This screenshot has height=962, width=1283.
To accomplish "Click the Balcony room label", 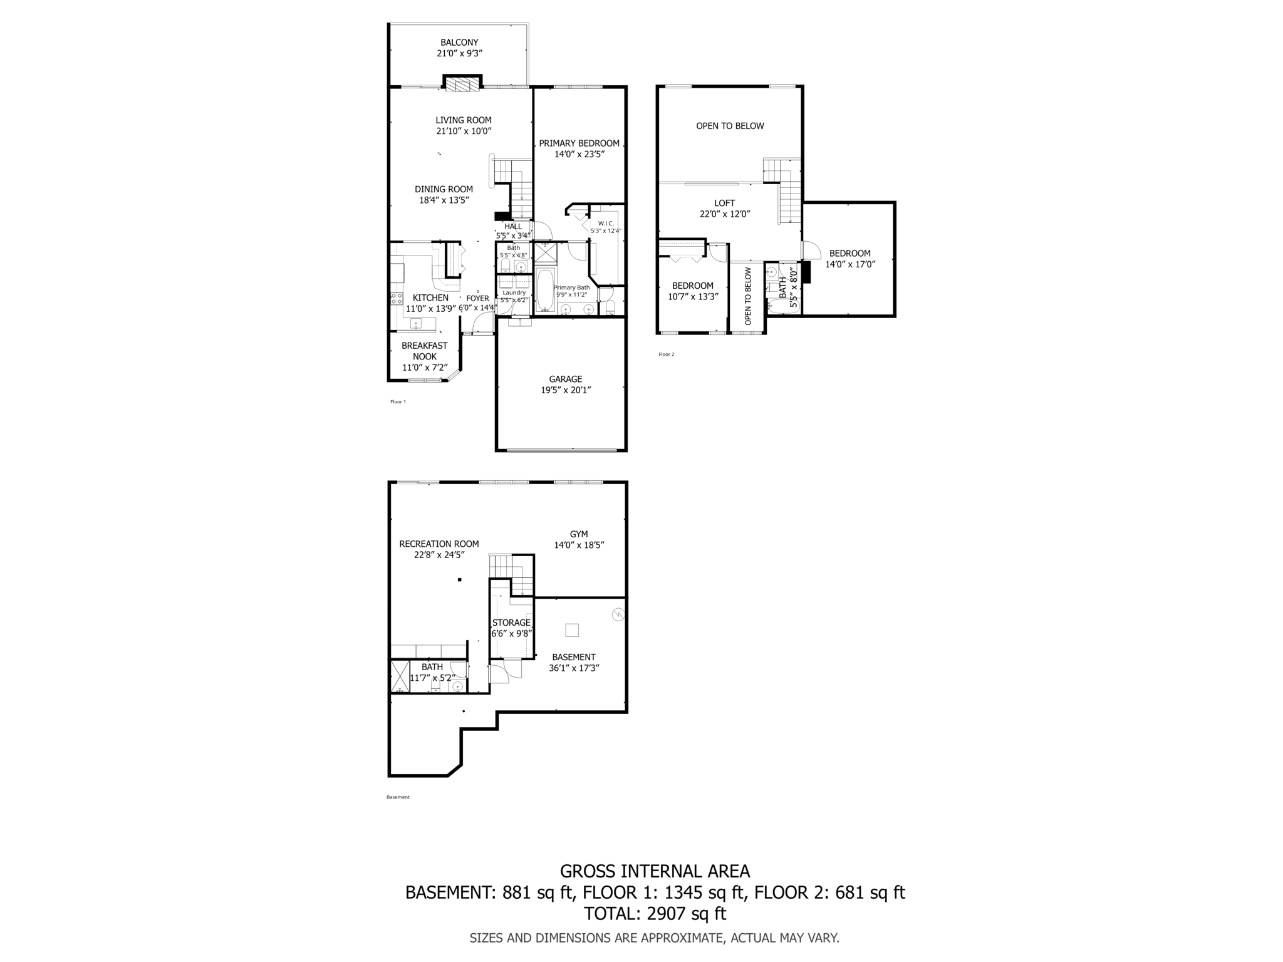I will pos(459,43).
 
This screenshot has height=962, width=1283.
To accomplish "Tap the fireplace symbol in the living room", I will pos(462,85).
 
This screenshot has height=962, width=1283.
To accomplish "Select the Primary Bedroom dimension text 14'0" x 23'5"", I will pos(579,154).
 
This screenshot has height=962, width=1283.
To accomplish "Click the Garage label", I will pos(566,379).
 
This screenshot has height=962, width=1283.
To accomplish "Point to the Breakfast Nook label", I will pos(424,351).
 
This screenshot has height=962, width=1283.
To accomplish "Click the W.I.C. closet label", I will pos(606,224).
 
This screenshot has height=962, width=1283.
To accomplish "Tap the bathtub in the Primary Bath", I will pos(544,290).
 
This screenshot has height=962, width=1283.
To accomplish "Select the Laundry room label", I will pos(514,292).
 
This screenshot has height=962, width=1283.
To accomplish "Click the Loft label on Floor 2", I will pos(724,203).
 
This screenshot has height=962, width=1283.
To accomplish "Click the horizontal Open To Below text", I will pos(730,126).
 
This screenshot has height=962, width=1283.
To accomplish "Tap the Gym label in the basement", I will pos(579,534).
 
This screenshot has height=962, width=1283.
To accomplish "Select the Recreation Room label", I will pos(439,544).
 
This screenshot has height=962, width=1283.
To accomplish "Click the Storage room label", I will pos(511,623).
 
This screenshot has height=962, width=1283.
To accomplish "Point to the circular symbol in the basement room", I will pos(618,615).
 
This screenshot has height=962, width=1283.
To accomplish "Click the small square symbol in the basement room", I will pos(571,630).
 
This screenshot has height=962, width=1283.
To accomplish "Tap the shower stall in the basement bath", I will pos(400,676).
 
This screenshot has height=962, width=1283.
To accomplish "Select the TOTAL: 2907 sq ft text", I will pos(655,914).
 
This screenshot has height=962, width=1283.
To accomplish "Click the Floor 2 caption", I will pos(666,354).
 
